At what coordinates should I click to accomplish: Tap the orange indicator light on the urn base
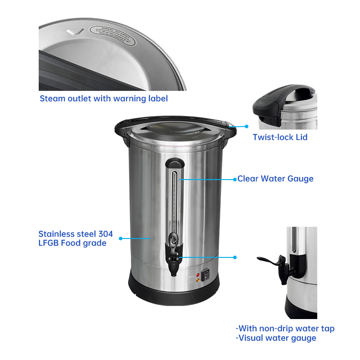click(197, 280)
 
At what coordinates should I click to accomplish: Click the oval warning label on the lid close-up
click(112, 35)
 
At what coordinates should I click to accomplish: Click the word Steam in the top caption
click(52, 98)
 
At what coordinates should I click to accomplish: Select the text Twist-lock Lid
click(280, 137)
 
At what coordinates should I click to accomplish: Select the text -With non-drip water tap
click(285, 328)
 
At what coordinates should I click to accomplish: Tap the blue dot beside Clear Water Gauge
click(234, 179)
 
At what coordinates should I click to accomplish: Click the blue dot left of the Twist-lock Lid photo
click(247, 127)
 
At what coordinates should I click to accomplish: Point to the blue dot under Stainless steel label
click(120, 238)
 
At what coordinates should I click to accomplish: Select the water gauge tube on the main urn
click(175, 198)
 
